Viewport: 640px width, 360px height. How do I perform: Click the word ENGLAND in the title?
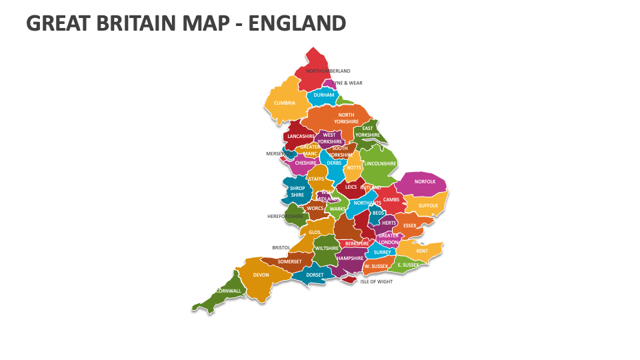tap(297, 23)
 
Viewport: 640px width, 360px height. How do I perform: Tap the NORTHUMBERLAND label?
tap(328, 71)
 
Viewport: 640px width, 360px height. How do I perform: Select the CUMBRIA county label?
tap(285, 103)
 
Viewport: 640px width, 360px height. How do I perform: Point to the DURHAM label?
tap(324, 95)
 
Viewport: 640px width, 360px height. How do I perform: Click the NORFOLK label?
tap(425, 181)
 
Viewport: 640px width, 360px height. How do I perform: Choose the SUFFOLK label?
tap(429, 205)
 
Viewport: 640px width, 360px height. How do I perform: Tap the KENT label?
tap(422, 251)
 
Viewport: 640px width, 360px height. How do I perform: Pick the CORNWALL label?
tap(229, 291)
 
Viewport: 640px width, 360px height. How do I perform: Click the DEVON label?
tap(261, 275)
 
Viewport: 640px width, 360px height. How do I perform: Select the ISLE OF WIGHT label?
tap(376, 281)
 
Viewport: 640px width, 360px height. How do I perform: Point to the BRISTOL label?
tap(281, 247)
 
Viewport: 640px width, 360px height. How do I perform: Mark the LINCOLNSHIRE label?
tap(381, 163)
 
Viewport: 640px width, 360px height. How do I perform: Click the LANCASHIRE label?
tap(301, 137)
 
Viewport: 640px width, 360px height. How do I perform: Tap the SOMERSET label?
tap(290, 262)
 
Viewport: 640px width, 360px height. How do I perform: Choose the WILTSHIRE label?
tap(327, 248)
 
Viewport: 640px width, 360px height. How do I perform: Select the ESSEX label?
tap(409, 225)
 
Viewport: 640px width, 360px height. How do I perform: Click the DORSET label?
tap(315, 275)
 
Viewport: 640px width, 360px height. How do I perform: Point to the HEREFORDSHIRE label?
tap(286, 216)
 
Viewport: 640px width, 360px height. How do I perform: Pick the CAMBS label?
tap(391, 199)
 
